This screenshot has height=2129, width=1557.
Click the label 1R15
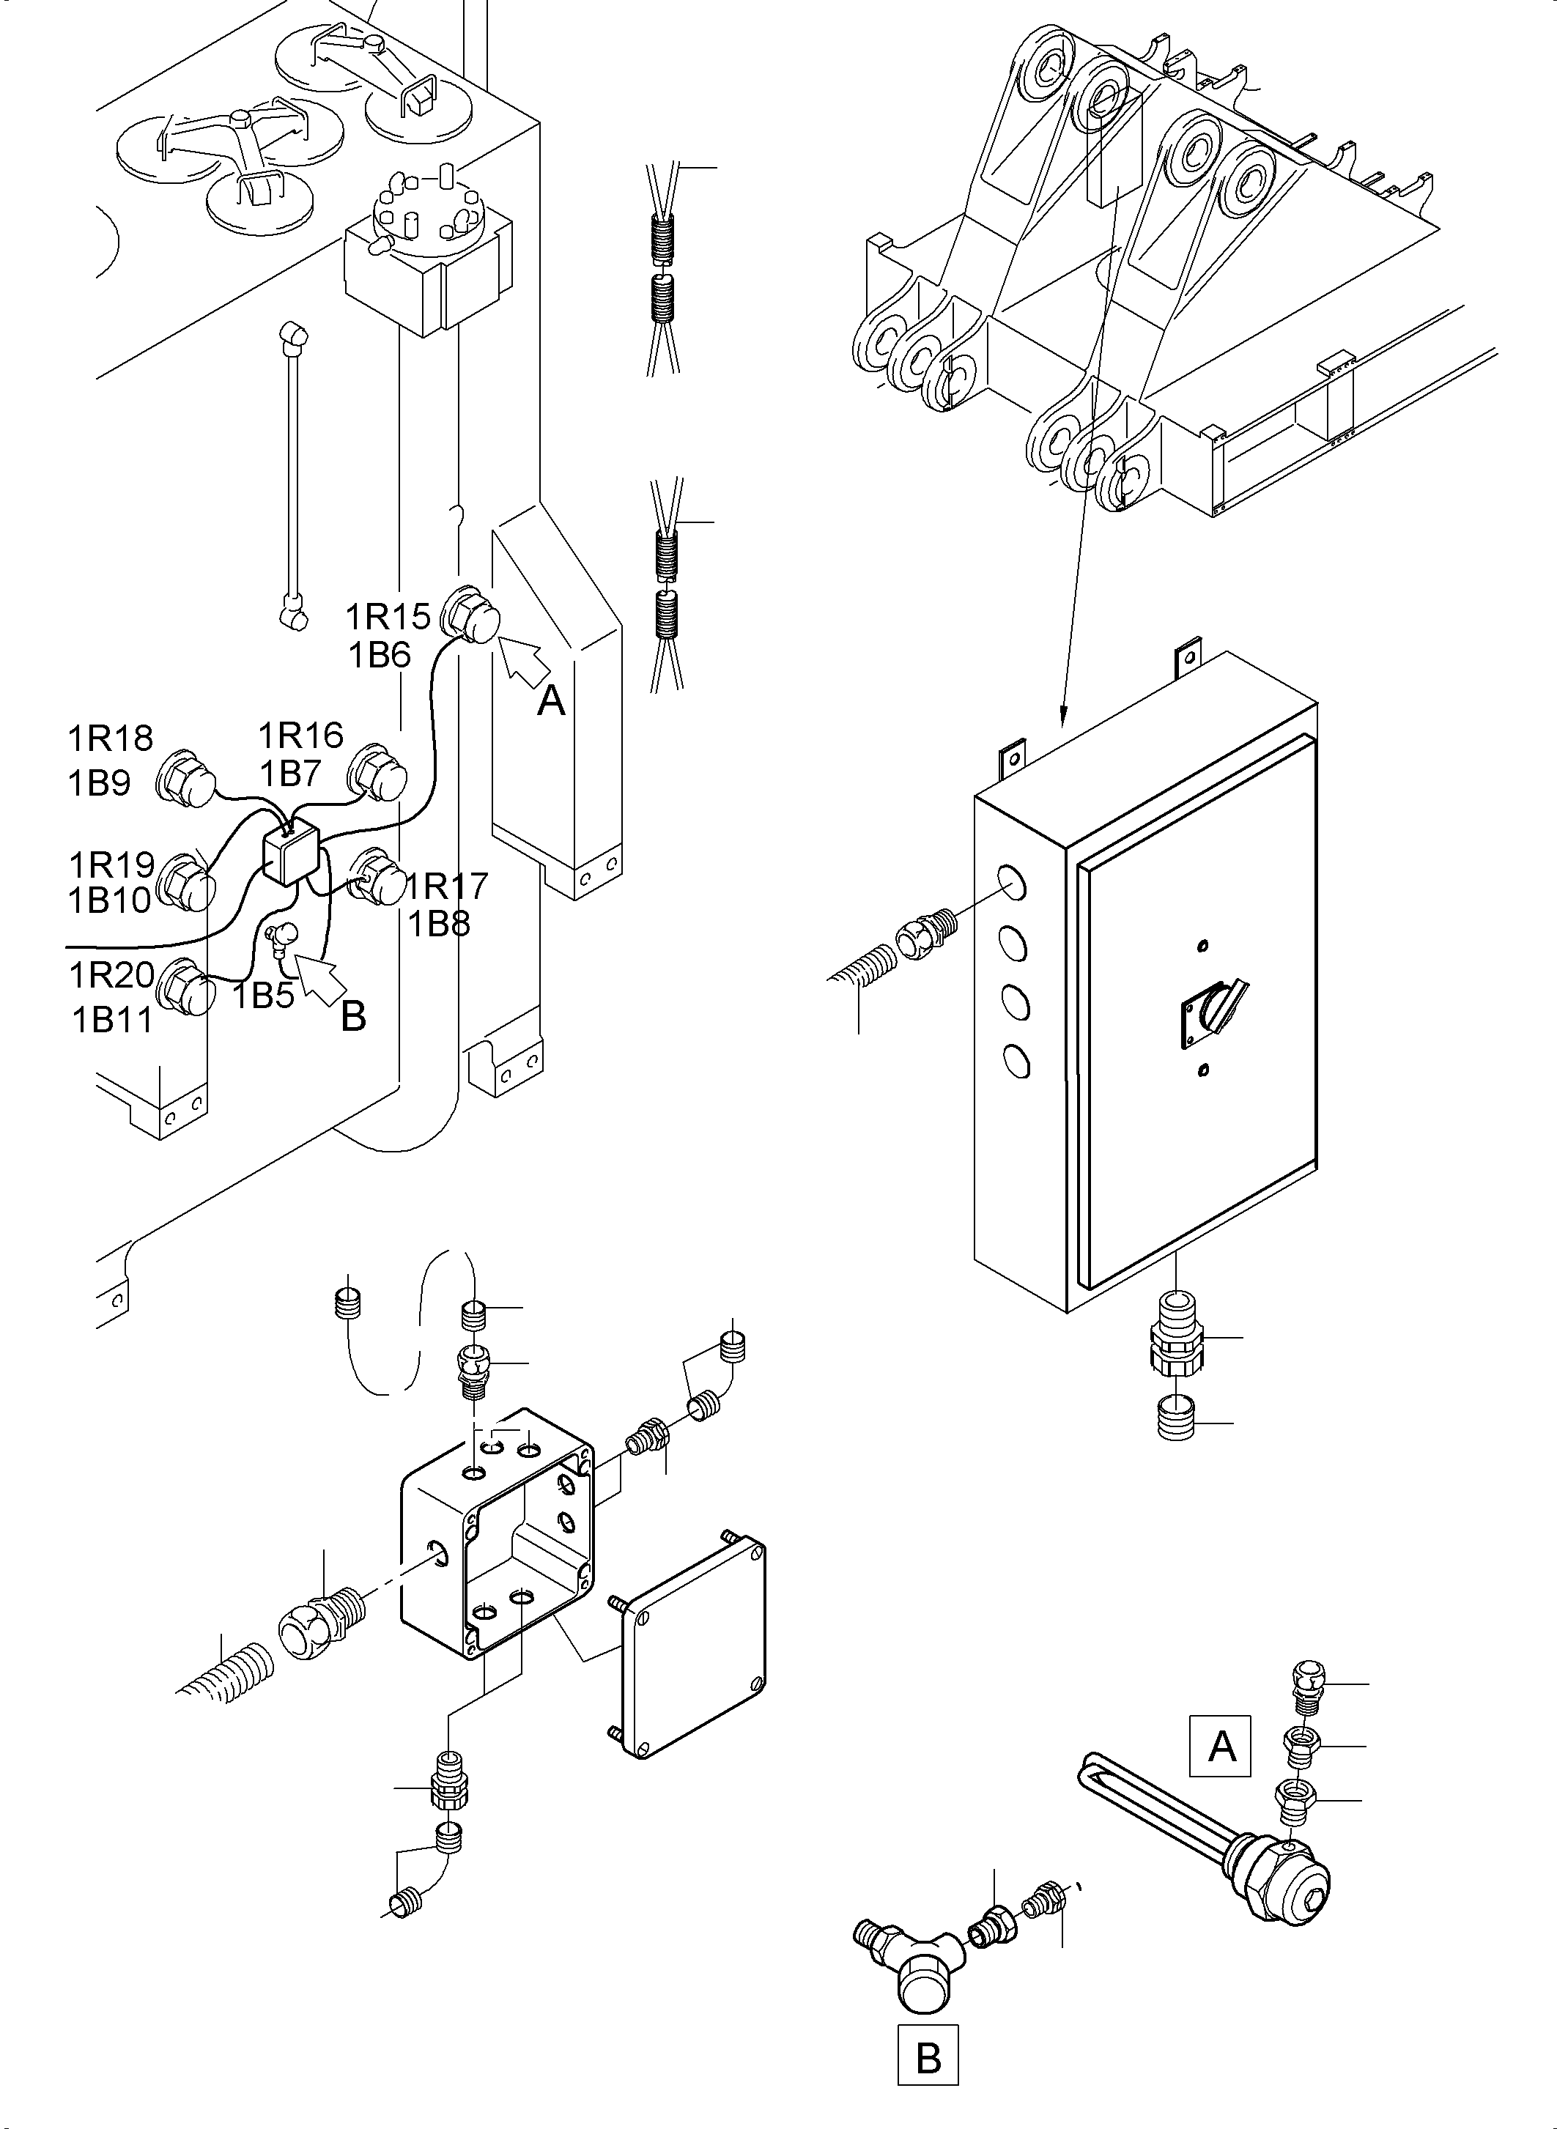(388, 616)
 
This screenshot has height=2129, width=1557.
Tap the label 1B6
(380, 655)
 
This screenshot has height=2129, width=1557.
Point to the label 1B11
(112, 1020)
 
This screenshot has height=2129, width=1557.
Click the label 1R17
(448, 886)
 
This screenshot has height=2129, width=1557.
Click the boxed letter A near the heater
(1221, 1747)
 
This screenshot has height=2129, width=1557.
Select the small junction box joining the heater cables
(291, 852)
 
